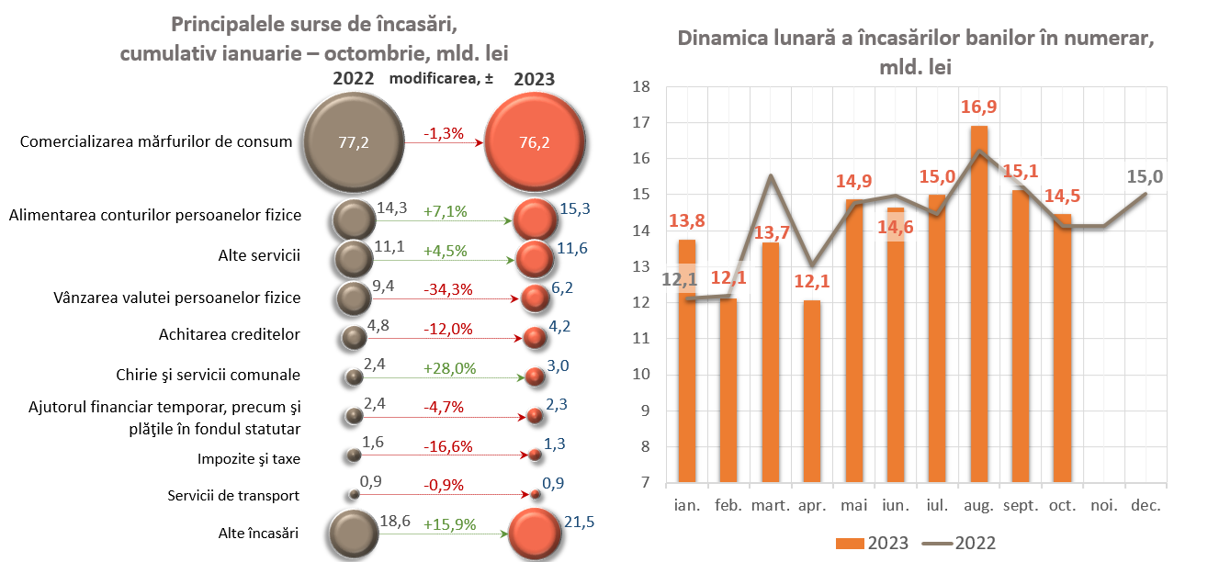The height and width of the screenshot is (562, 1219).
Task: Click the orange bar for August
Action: (980, 303)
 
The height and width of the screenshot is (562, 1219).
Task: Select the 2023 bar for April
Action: (812, 390)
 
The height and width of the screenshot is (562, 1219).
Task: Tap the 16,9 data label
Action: (979, 107)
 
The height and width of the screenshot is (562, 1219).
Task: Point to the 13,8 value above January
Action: (687, 220)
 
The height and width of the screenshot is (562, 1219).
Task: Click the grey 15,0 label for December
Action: (1146, 175)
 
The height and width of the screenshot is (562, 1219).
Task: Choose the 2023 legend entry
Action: (873, 543)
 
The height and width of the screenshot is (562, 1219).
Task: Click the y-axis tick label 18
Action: (641, 87)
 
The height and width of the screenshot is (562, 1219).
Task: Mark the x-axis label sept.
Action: (1021, 506)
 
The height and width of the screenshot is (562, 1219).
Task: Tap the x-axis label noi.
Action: (1104, 506)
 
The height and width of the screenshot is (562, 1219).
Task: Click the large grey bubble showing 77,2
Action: (353, 142)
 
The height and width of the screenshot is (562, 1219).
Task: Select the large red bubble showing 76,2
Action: (534, 142)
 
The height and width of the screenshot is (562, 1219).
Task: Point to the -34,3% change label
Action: (448, 289)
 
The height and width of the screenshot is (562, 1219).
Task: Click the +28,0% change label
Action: (449, 368)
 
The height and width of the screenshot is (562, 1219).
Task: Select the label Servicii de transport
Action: (233, 495)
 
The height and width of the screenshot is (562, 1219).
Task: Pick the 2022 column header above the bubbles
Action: (353, 78)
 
